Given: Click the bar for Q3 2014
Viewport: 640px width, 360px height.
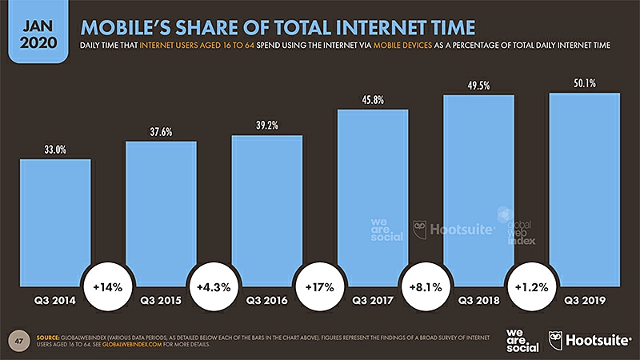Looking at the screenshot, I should pyautogui.click(x=55, y=224).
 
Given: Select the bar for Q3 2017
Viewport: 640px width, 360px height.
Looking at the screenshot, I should pyautogui.click(x=373, y=200).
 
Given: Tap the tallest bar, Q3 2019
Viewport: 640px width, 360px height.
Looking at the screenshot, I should pyautogui.click(x=585, y=192).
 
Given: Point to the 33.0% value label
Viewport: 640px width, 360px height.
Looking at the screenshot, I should pyautogui.click(x=55, y=148).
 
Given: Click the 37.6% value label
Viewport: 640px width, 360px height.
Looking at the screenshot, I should pyautogui.click(x=161, y=130).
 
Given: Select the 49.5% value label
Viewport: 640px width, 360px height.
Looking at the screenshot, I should pyautogui.click(x=478, y=84).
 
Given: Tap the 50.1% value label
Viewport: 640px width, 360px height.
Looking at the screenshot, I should pyautogui.click(x=585, y=82).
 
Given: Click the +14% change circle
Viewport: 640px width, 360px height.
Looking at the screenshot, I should pyautogui.click(x=108, y=286).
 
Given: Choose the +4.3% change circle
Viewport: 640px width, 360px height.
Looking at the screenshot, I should pyautogui.click(x=214, y=286).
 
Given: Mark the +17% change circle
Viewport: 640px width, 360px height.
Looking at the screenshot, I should pyautogui.click(x=320, y=286).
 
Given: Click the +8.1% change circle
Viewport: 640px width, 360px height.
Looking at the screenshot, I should pyautogui.click(x=426, y=286).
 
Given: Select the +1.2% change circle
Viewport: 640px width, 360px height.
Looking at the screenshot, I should pyautogui.click(x=531, y=286).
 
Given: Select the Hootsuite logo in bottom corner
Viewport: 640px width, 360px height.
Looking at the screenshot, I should pyautogui.click(x=587, y=339).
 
